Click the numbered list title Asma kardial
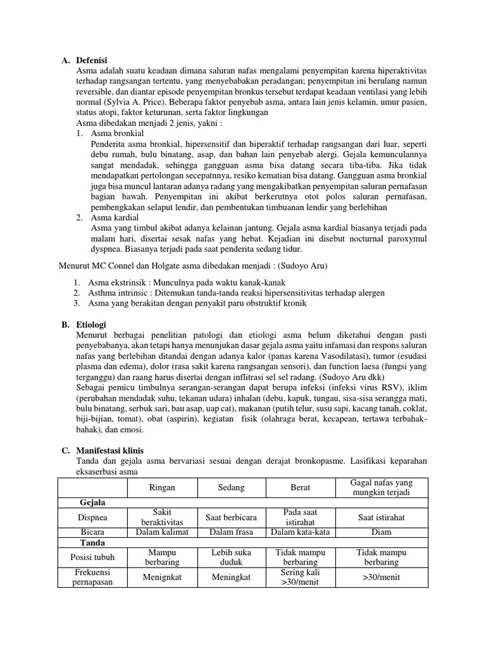(x=115, y=218)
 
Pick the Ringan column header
(x=162, y=488)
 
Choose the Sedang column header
(x=231, y=488)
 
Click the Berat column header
(x=300, y=488)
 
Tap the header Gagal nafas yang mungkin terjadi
(x=381, y=488)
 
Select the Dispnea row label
(x=92, y=517)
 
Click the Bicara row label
(x=92, y=532)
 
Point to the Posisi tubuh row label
(x=92, y=557)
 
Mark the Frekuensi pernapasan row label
(x=92, y=577)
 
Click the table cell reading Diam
(x=381, y=532)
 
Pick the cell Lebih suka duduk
(x=231, y=557)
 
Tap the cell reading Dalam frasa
(x=231, y=532)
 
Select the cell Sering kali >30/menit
(x=300, y=577)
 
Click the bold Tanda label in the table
(x=92, y=542)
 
